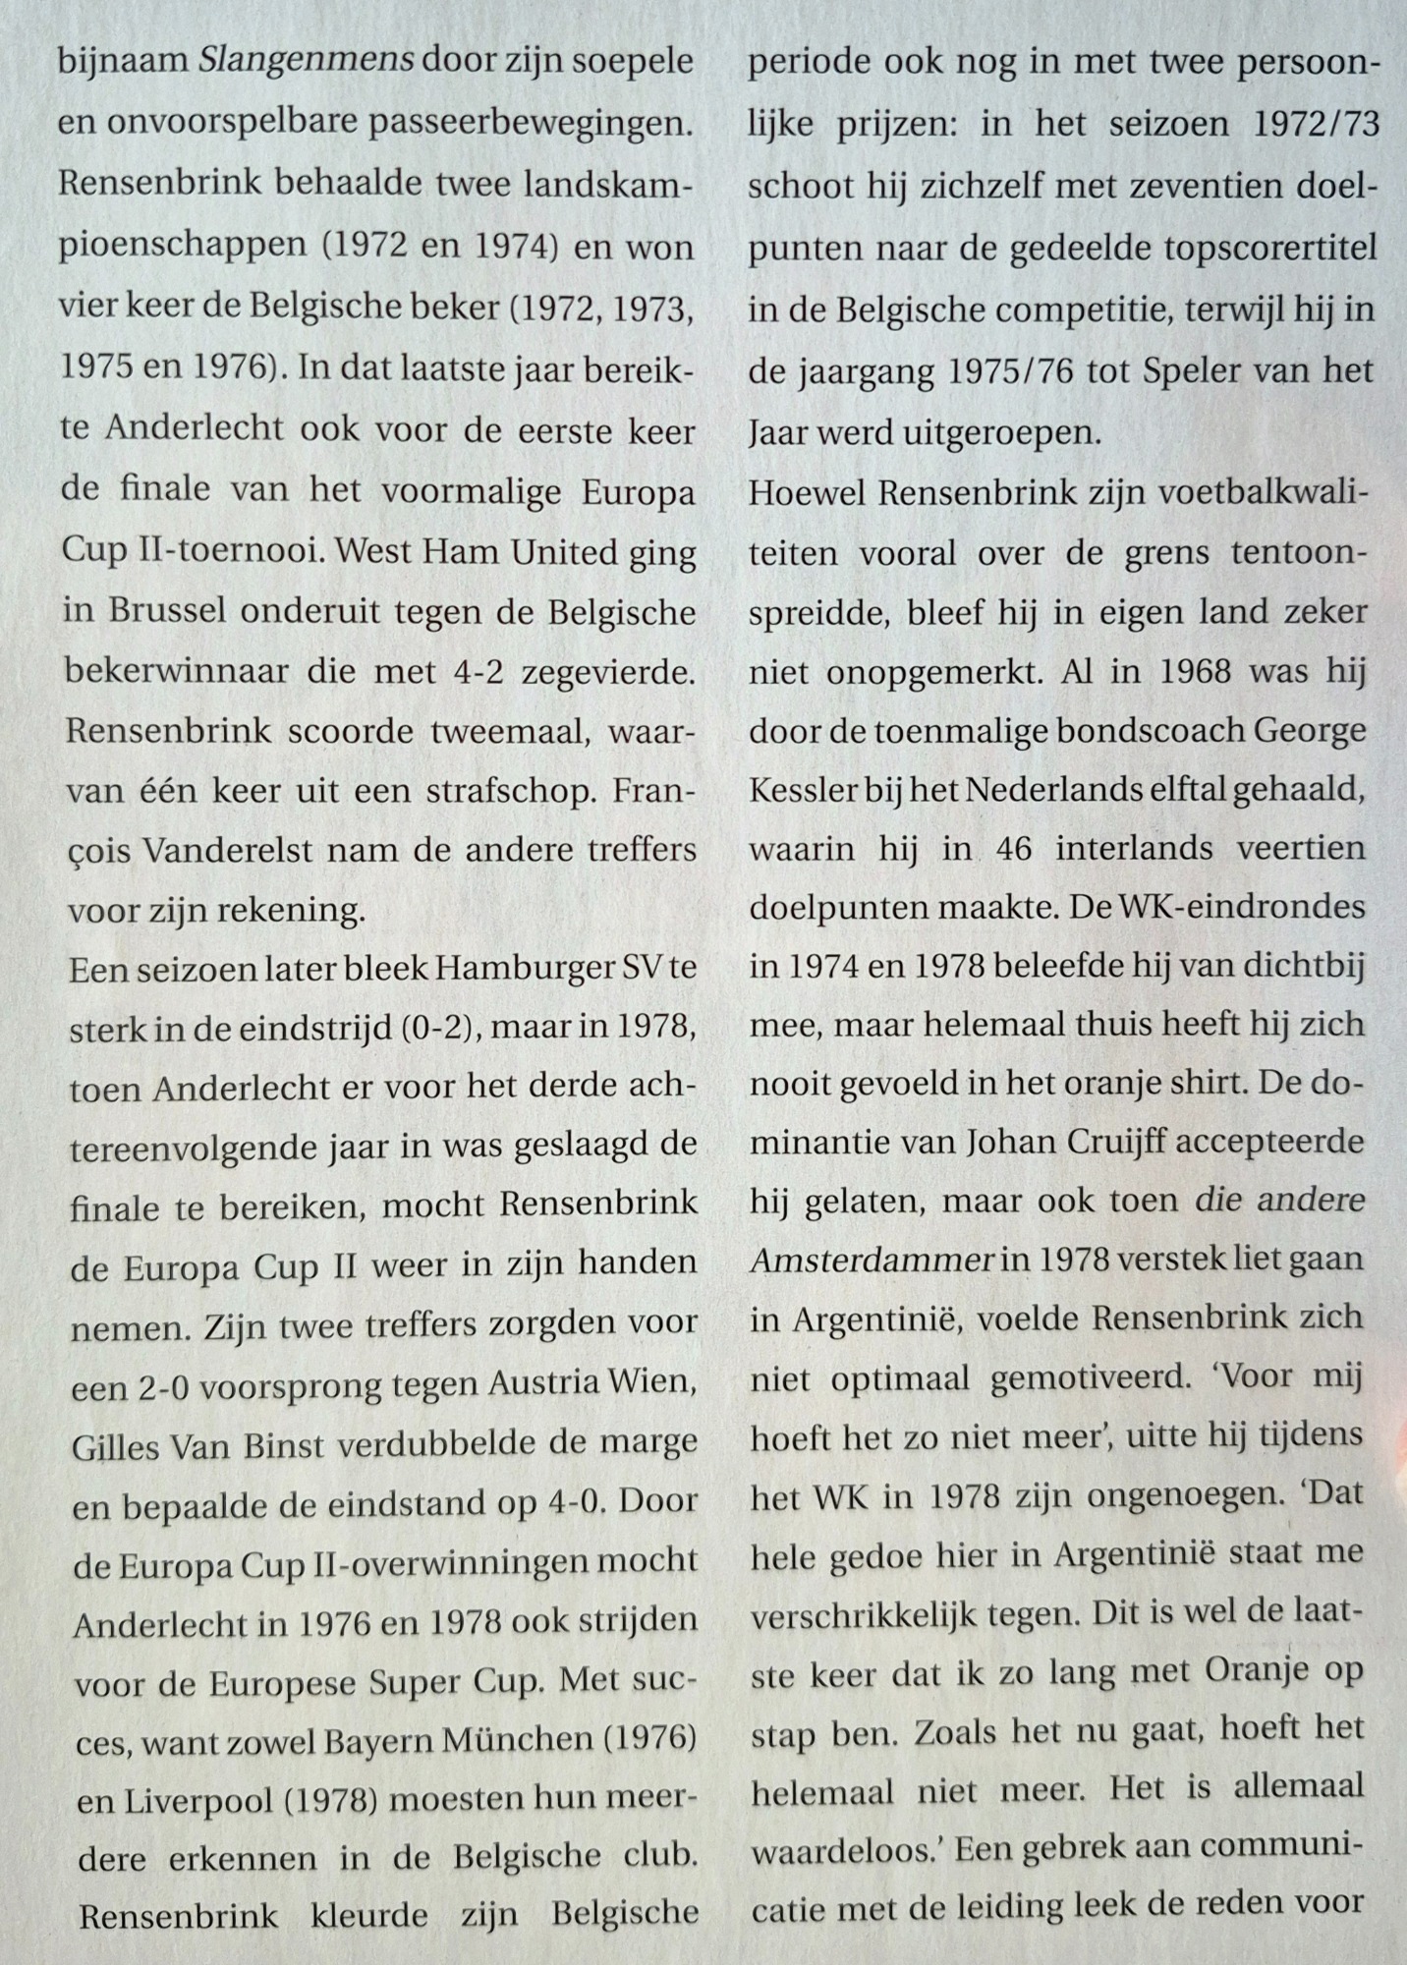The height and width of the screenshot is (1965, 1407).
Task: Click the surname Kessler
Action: [x=802, y=791]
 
